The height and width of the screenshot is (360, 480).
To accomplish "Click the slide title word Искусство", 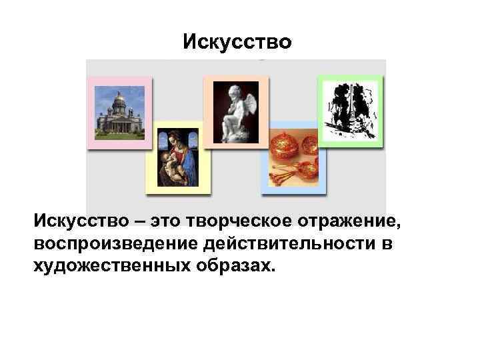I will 237,43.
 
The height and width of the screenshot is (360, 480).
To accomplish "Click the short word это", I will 170,221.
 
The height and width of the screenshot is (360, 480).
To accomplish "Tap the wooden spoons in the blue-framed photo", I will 287,175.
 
